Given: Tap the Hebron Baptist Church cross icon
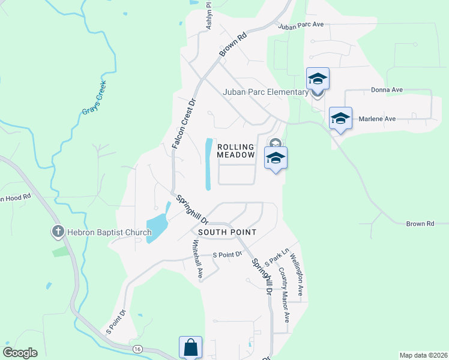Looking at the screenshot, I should (x=58, y=231).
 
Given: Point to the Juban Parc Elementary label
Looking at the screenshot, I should (x=265, y=92).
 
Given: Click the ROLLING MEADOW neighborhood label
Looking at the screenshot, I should (x=240, y=151).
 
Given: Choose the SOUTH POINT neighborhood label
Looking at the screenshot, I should (x=227, y=232).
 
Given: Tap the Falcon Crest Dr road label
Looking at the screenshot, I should (x=184, y=124).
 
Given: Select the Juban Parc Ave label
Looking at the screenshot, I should (x=301, y=25).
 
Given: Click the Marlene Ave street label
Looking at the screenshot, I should (x=377, y=119).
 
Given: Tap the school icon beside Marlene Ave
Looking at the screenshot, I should (x=340, y=118).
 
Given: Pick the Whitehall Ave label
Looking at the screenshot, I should (x=197, y=259).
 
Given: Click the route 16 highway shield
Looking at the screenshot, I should (x=137, y=348).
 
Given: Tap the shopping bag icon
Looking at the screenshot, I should (x=190, y=347).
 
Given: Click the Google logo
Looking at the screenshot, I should (x=20, y=352).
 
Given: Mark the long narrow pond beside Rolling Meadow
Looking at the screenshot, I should (x=208, y=164).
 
